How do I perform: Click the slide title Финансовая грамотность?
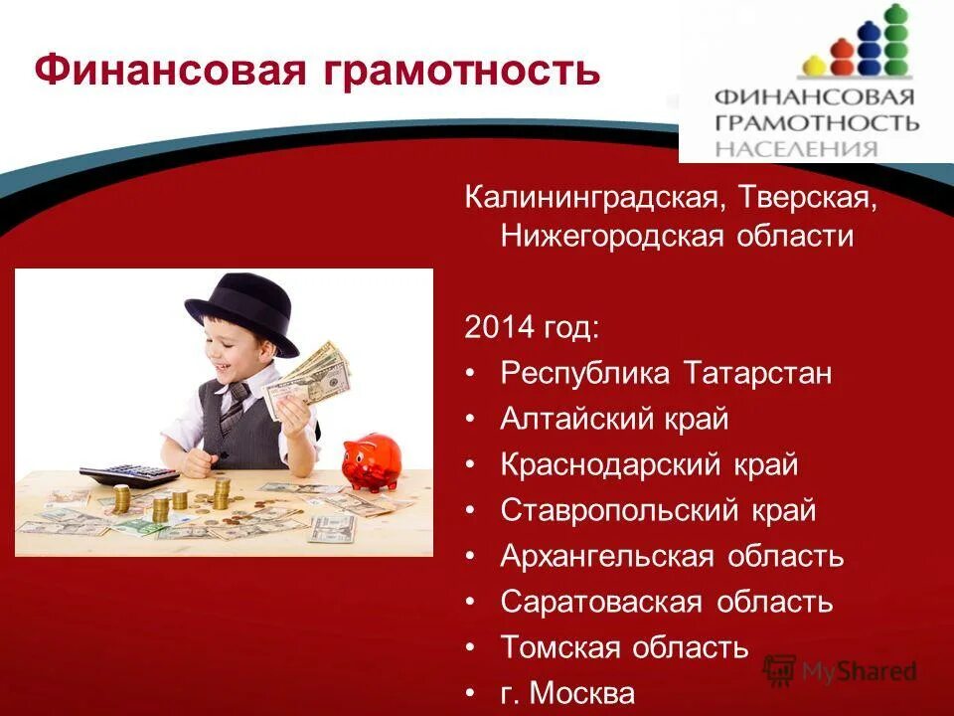[x=317, y=71]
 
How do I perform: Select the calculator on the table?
[x=129, y=475]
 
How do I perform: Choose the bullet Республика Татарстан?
[x=666, y=373]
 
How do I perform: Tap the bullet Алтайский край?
[x=614, y=419]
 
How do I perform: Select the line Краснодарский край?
[x=649, y=464]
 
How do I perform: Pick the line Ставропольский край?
[x=658, y=510]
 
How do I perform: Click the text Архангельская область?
[x=672, y=556]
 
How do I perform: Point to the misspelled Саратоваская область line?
[x=666, y=602]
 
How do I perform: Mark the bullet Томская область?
[x=624, y=647]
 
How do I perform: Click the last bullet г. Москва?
[x=566, y=692]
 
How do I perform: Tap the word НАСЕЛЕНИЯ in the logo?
[x=797, y=149]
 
